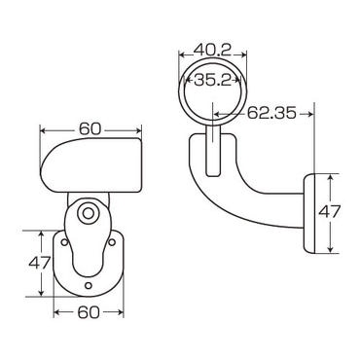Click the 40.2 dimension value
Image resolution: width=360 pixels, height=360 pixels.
pos(212,50)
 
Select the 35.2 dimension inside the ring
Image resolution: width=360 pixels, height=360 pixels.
pos(213,80)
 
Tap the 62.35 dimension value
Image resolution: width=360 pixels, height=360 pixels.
pos(271,113)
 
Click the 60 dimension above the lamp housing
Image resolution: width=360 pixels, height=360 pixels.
pos(90,129)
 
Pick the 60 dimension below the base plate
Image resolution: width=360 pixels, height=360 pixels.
pos(89,312)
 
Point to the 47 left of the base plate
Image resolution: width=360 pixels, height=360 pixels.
pos(40,263)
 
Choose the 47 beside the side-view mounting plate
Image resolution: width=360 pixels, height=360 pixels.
pos(329,212)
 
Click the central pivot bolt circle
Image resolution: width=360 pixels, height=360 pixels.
pos(88,213)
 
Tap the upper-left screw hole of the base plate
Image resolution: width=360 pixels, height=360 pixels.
pos(64,242)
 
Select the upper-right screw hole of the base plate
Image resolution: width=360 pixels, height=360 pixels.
pos(112,242)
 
